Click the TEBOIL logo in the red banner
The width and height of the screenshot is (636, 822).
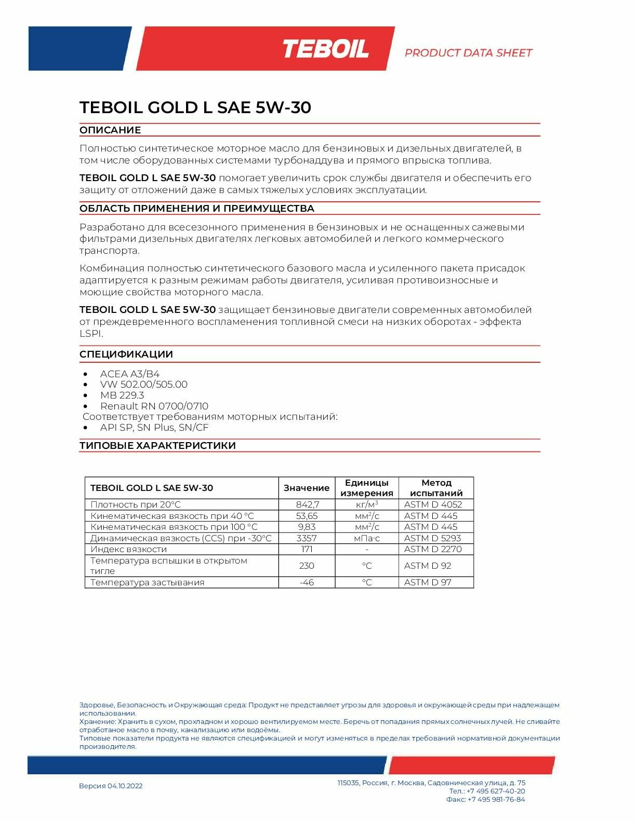326,49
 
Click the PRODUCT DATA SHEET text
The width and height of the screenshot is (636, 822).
468,53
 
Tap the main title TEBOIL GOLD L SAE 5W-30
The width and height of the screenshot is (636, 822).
195,107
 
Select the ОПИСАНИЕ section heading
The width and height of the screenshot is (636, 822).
110,130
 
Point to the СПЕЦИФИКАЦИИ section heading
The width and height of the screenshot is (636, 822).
126,354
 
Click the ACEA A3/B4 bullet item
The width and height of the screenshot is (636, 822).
130,374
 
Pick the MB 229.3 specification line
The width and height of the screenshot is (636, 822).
122,395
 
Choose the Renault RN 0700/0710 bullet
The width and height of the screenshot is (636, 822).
154,406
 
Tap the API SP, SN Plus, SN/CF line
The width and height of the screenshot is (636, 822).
154,428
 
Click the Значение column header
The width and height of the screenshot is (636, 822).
307,488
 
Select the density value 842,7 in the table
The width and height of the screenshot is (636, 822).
307,504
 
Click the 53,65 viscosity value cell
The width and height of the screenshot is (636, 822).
307,516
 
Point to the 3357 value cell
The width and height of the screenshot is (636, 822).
307,538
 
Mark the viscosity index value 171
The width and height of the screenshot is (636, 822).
307,549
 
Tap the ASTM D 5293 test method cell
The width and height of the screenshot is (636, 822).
432,538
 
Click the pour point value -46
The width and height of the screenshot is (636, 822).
307,582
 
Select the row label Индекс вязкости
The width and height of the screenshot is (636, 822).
128,549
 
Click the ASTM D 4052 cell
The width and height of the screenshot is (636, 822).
433,504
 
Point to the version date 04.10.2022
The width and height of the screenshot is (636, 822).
125,786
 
